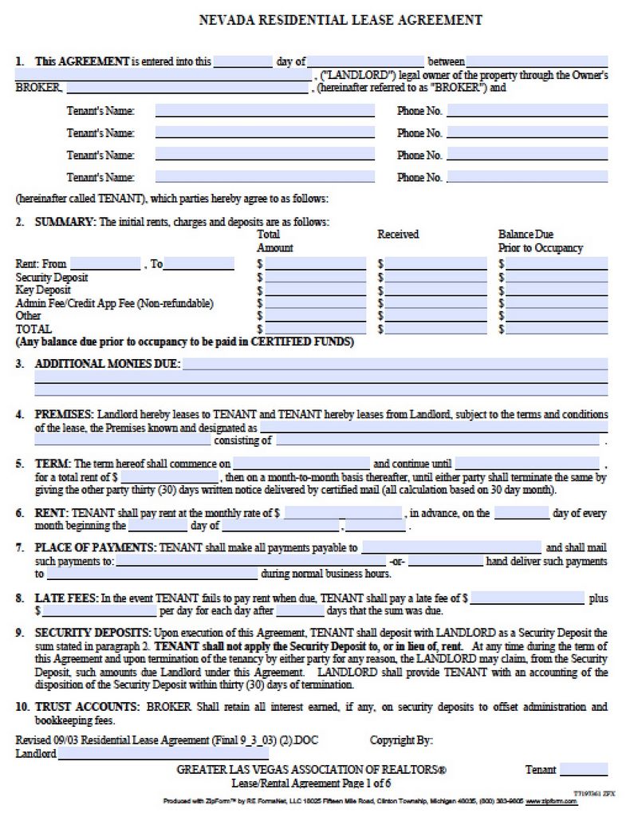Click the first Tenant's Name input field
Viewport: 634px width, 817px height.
tap(265, 111)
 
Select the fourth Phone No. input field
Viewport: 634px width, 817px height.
tap(527, 177)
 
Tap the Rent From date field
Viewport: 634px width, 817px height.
tap(105, 264)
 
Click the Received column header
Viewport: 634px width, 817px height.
tap(398, 234)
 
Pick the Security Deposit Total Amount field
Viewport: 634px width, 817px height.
tap(315, 278)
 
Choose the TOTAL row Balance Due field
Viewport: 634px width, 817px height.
tap(557, 329)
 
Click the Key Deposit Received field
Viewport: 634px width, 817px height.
tap(436, 290)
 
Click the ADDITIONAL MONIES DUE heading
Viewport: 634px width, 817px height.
tap(108, 364)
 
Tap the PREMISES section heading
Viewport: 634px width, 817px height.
tap(64, 415)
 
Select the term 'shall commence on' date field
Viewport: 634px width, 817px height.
tap(301, 464)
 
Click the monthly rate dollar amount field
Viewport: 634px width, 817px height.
tap(343, 514)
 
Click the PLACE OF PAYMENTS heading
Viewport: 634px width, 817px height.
tap(95, 547)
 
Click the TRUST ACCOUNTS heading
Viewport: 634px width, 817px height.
tap(84, 707)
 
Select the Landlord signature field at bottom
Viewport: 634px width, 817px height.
tap(163, 753)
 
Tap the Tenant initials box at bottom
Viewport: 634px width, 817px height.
tap(583, 769)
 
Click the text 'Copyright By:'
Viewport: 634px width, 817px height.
tap(401, 740)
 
